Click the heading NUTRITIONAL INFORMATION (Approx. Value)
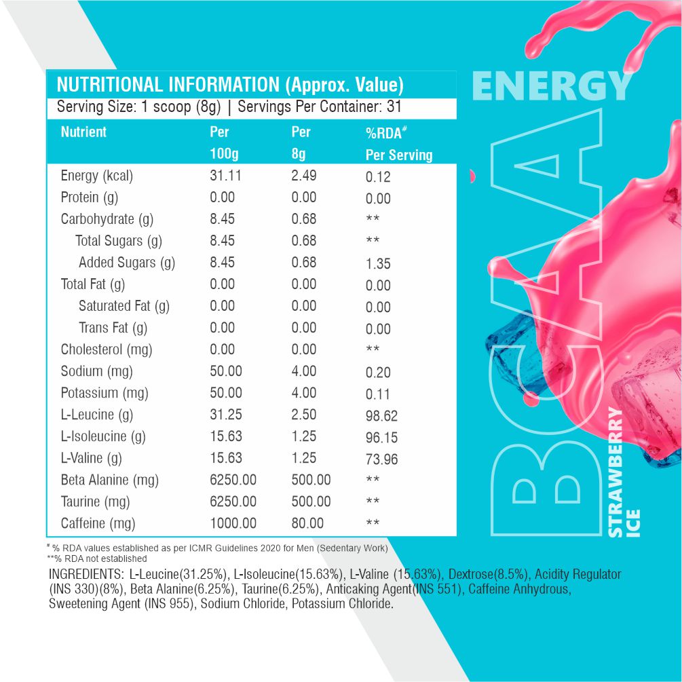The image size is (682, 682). (x=230, y=85)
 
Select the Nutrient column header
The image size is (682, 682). (x=83, y=132)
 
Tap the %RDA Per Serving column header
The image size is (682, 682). (x=398, y=144)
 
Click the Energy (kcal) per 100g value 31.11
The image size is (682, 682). (x=226, y=176)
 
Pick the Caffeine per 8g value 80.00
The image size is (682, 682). (x=307, y=523)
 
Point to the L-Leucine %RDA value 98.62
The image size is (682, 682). (x=381, y=416)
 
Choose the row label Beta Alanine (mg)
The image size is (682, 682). (x=109, y=480)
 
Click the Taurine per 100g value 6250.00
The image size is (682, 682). (x=233, y=501)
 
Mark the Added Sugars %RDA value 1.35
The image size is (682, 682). (x=378, y=264)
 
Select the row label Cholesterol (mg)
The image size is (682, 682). (x=106, y=349)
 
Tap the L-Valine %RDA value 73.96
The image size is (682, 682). (x=381, y=459)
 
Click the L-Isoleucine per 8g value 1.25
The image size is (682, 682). (x=304, y=436)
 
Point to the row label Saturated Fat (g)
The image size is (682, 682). (x=124, y=306)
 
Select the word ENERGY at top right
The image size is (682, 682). (x=551, y=87)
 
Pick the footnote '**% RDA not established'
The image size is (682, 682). (x=96, y=558)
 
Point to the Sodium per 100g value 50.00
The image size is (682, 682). (x=226, y=371)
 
